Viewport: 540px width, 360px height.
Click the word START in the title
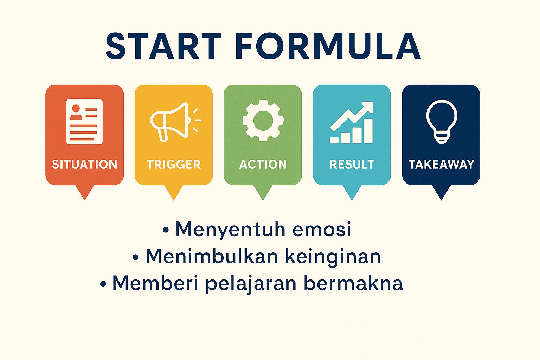pyautogui.click(x=163, y=46)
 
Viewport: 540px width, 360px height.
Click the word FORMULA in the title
pyautogui.click(x=328, y=46)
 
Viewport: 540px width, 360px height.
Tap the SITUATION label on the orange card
pyautogui.click(x=85, y=165)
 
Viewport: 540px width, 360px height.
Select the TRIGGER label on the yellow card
pyautogui.click(x=174, y=165)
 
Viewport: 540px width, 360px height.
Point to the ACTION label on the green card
pyautogui.click(x=263, y=165)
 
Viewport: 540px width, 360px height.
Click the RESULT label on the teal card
pyautogui.click(x=352, y=165)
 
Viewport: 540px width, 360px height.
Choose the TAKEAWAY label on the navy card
pyautogui.click(x=442, y=165)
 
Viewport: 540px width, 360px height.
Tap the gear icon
pyautogui.click(x=263, y=120)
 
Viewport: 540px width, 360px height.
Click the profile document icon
pyautogui.click(x=84, y=122)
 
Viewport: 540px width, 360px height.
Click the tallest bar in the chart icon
pyautogui.click(x=368, y=131)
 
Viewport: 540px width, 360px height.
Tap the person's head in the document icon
pyautogui.click(x=76, y=108)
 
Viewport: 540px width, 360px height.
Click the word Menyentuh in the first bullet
pyautogui.click(x=231, y=229)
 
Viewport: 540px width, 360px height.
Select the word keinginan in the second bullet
pyautogui.click(x=333, y=257)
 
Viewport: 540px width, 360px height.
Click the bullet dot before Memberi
pyautogui.click(x=103, y=284)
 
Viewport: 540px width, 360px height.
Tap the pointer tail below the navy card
pyautogui.click(x=441, y=192)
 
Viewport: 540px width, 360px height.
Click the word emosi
pyautogui.click(x=322, y=229)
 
